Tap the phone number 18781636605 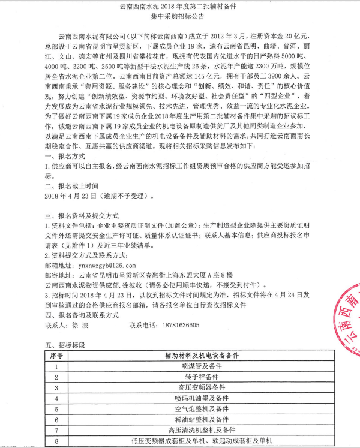tap(178, 324)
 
